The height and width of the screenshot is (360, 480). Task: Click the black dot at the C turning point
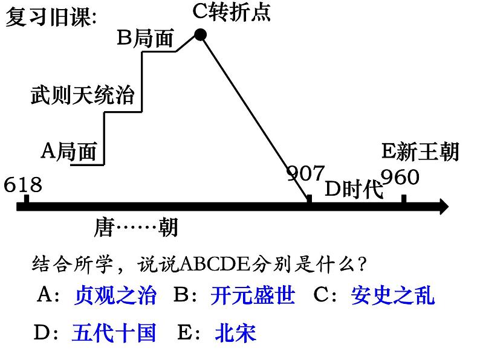point(201,36)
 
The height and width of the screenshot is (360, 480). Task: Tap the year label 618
point(23,184)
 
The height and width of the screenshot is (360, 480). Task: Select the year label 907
point(305,174)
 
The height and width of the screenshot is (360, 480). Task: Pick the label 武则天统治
point(82,95)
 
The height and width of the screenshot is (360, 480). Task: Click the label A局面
point(69,151)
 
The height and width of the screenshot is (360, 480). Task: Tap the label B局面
point(145,39)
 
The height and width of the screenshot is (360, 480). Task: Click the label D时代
point(354,189)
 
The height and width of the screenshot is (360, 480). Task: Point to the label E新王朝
point(421,152)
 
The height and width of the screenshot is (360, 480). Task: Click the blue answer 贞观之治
point(115,295)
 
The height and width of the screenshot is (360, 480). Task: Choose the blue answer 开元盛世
point(253,295)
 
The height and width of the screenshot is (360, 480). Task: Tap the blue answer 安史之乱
point(392,295)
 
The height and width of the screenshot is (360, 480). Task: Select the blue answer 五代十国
point(114,332)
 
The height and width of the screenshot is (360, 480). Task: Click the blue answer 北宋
point(235,332)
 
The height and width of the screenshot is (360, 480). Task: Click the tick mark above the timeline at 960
point(403,199)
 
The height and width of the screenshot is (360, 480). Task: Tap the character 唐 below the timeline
point(104,228)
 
